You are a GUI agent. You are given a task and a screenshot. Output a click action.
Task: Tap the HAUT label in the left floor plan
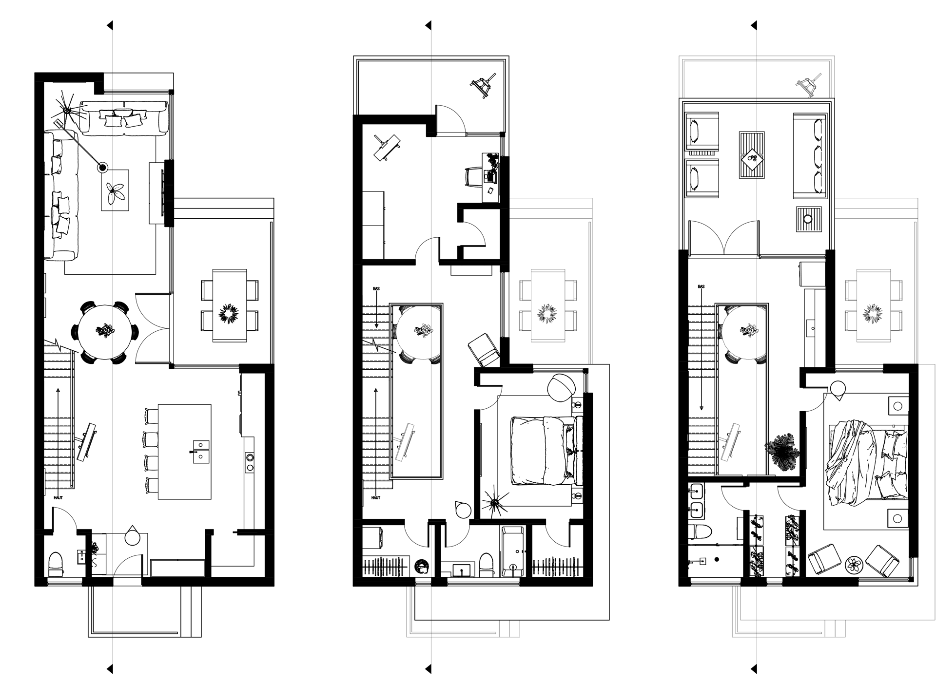(58, 497)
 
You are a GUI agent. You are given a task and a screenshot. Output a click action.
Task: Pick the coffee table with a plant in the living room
(116, 190)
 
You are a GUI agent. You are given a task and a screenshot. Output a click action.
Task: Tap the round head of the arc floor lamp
(102, 168)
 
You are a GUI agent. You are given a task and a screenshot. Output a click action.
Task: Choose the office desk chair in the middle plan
(473, 175)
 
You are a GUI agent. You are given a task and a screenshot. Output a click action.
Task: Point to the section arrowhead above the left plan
(110, 24)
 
